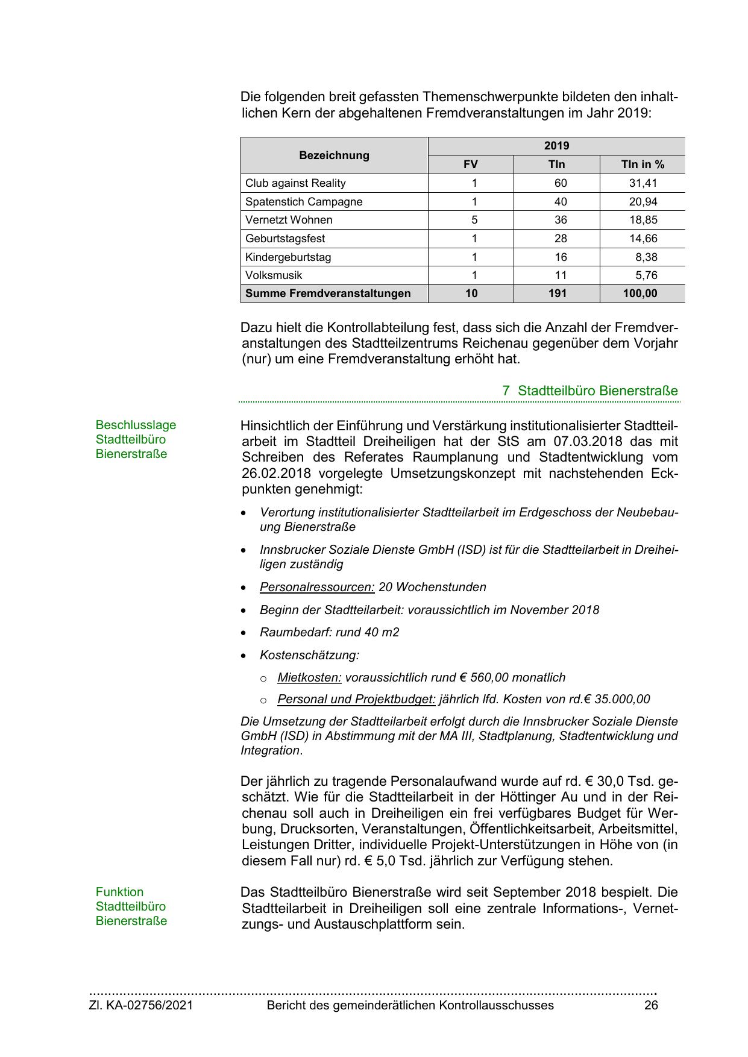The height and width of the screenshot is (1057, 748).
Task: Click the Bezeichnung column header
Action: coord(334,155)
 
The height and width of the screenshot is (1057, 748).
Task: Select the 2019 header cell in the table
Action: coord(556,146)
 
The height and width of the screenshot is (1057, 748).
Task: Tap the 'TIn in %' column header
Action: coord(643,165)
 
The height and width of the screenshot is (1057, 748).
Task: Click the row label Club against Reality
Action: coord(295,183)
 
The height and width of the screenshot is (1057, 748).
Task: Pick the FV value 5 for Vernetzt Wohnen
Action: coord(474,220)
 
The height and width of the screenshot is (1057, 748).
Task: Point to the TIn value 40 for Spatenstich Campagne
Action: coord(561,202)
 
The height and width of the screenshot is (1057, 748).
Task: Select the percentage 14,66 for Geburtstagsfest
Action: coord(643,239)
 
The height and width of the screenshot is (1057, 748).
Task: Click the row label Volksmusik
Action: coord(274,275)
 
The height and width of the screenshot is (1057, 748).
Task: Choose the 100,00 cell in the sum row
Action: coord(640,293)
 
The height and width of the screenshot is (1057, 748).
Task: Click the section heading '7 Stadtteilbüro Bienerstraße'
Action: coord(590,390)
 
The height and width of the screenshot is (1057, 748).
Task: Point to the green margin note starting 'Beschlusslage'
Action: coord(136,439)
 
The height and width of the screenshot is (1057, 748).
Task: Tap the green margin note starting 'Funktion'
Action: coord(131,906)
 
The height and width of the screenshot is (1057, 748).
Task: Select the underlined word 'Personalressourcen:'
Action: coord(317,587)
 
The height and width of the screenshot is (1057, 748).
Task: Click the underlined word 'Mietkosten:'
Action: coord(309,677)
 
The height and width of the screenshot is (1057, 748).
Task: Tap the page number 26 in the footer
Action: coord(651,1005)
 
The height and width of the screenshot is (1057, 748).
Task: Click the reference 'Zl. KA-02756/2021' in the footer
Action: coord(141,1005)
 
